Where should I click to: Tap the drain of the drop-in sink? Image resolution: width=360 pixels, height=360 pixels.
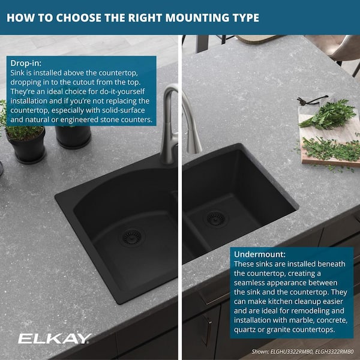pos(131,238)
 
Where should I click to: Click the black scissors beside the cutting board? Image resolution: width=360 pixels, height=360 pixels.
pos(313,100)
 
